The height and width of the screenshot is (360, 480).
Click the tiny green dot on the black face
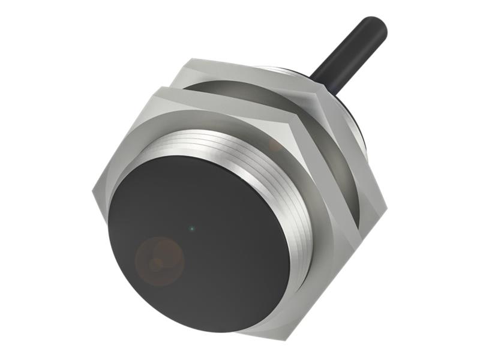pyautogui.click(x=191, y=228)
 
